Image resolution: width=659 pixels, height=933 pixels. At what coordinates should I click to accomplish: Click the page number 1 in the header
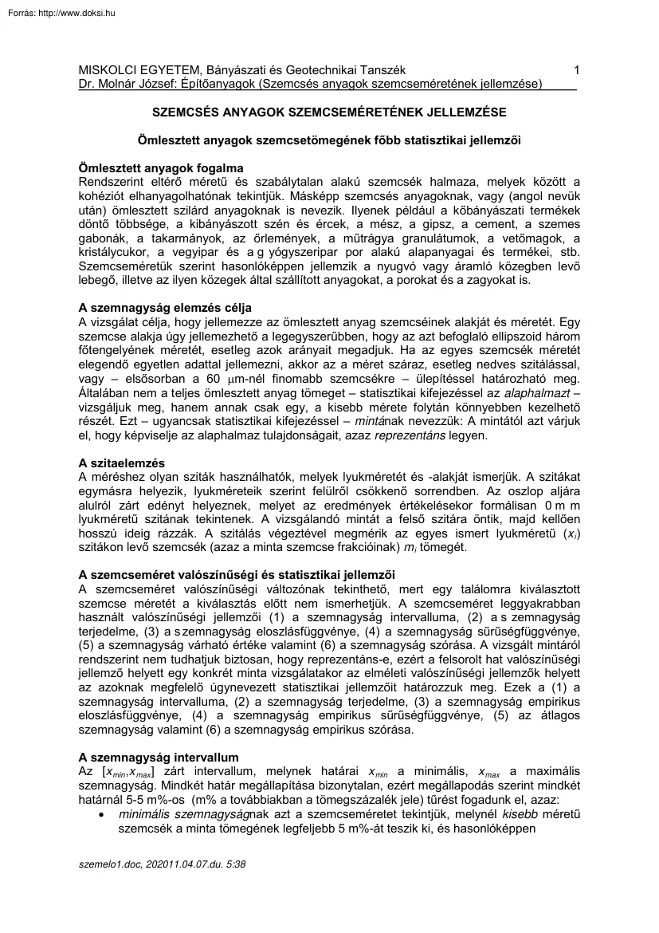[576, 70]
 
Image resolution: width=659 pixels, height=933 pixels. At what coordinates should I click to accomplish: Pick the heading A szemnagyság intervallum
[159, 756]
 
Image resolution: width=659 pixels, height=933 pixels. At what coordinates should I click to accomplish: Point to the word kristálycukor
[112, 252]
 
